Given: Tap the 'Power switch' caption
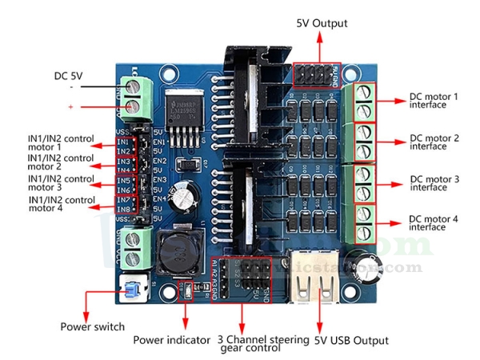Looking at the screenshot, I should click(92, 326).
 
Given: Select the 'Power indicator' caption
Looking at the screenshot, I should click(171, 340).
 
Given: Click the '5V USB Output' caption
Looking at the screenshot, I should click(352, 340).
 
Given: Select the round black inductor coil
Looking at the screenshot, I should click(178, 254).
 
